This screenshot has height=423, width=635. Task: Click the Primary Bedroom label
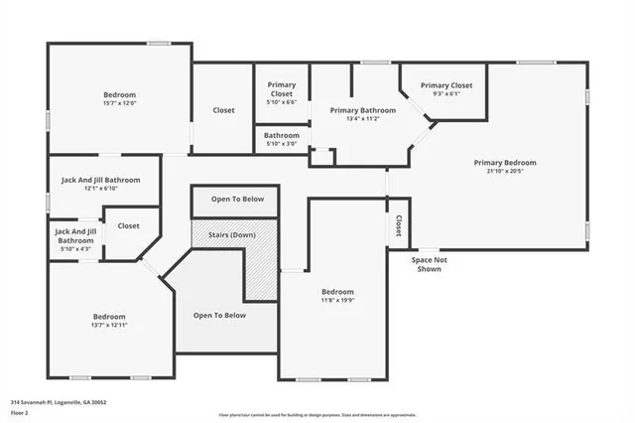click(x=504, y=162)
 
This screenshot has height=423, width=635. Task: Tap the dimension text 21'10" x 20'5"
click(x=504, y=172)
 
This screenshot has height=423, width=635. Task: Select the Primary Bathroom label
click(x=363, y=110)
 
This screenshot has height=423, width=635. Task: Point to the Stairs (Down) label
click(x=231, y=234)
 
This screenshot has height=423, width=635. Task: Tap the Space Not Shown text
click(x=429, y=264)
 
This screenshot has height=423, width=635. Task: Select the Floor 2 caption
click(x=21, y=412)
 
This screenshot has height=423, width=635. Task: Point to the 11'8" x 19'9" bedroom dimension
click(x=330, y=300)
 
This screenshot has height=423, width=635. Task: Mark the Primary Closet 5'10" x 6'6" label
click(x=282, y=92)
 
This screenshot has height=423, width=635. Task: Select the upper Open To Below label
click(x=237, y=200)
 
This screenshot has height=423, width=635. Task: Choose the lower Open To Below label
click(x=219, y=315)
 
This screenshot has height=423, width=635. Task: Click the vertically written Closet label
click(x=399, y=226)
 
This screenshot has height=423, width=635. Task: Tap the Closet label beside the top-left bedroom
click(x=223, y=110)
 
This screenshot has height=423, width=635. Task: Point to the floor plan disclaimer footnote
click(x=317, y=413)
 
